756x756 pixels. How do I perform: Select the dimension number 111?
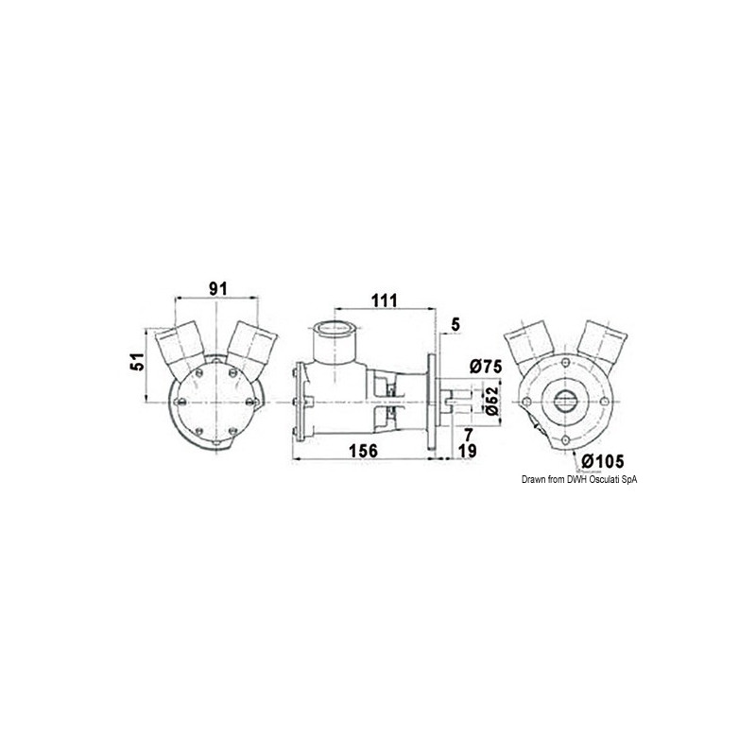click(x=384, y=300)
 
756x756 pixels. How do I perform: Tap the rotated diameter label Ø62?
click(x=490, y=403)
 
